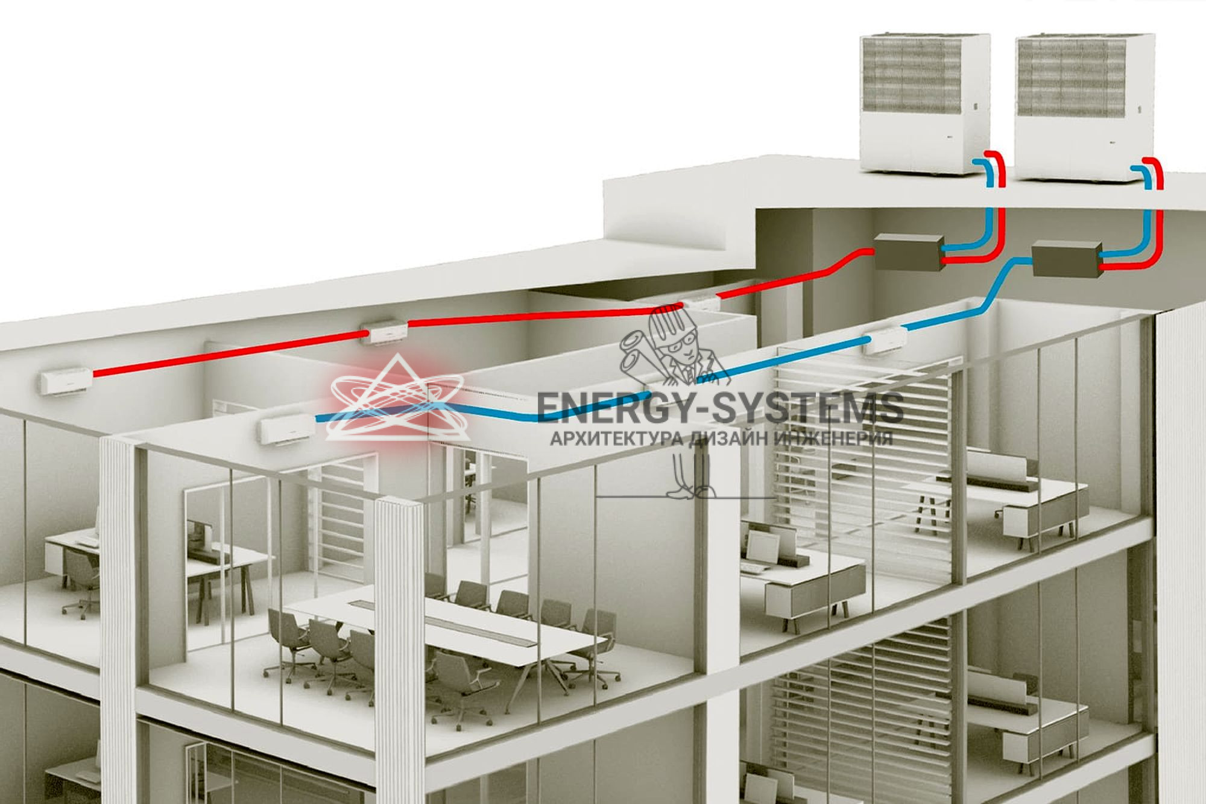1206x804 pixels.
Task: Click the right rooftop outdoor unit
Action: (1084, 109)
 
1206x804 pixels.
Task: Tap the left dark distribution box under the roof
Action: (908, 252)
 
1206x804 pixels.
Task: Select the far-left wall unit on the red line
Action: (66, 381)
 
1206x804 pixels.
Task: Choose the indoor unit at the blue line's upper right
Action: (885, 341)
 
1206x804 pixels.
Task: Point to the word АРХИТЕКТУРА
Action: (615, 438)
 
